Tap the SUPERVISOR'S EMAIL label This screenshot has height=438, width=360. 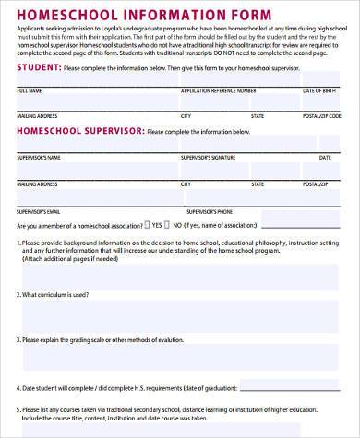(37, 210)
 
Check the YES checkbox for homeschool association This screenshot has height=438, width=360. (145, 224)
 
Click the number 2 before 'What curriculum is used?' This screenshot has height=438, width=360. (18, 294)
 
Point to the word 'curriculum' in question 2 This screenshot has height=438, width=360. (55, 294)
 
